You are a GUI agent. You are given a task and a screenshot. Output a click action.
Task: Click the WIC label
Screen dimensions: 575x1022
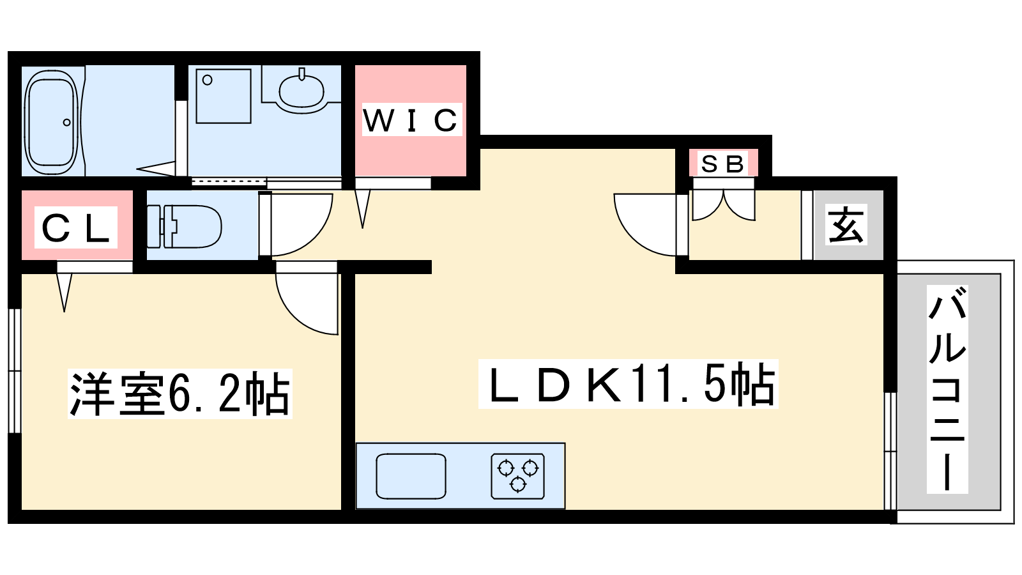(x=411, y=120)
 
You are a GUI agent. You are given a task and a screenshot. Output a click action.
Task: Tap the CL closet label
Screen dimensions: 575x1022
(x=76, y=228)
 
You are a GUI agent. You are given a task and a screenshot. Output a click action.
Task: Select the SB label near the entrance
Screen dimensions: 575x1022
(x=722, y=164)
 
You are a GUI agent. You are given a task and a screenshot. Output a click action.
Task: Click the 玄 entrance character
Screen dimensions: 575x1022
(x=846, y=225)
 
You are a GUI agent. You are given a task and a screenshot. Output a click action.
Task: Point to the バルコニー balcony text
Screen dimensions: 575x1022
(x=947, y=389)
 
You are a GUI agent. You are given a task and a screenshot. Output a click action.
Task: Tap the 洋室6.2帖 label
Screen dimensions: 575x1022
(x=179, y=394)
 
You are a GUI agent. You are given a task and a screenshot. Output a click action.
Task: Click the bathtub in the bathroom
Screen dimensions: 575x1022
(x=50, y=121)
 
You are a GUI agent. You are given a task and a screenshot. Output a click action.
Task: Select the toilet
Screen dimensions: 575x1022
(x=185, y=226)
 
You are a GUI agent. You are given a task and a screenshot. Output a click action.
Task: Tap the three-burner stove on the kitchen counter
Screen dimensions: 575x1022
(x=518, y=475)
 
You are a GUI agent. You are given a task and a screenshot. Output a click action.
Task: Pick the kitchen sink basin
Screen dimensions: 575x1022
(x=411, y=476)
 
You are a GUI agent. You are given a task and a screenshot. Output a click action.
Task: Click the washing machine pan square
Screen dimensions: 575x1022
(x=224, y=96)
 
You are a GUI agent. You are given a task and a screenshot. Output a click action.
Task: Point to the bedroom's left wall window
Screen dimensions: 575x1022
(x=14, y=371)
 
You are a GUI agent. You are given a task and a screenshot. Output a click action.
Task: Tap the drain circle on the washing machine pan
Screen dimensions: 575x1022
(x=208, y=80)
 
